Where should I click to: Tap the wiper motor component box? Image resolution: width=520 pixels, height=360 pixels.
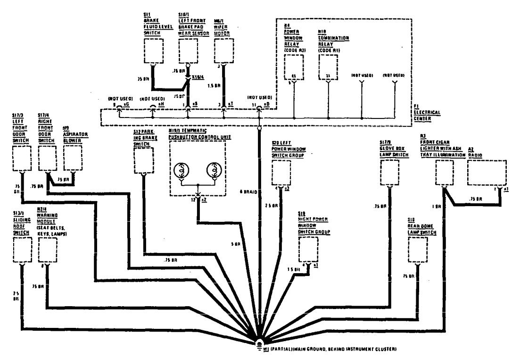(x=224, y=51)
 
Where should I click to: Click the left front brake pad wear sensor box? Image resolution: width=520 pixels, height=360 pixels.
(x=188, y=51)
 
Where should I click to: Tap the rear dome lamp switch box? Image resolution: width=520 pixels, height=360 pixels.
(x=418, y=249)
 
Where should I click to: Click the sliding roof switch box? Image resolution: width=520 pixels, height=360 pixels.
(x=22, y=250)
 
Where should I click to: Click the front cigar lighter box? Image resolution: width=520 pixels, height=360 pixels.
(x=444, y=173)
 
